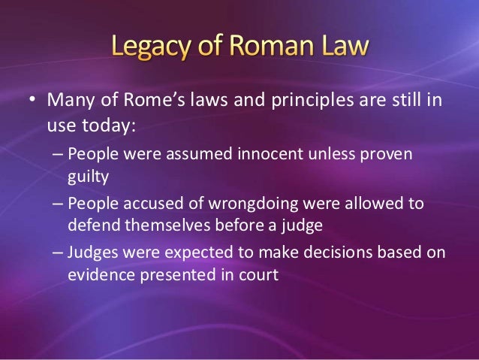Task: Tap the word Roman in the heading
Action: pos(273,49)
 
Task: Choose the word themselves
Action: pos(161,225)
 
